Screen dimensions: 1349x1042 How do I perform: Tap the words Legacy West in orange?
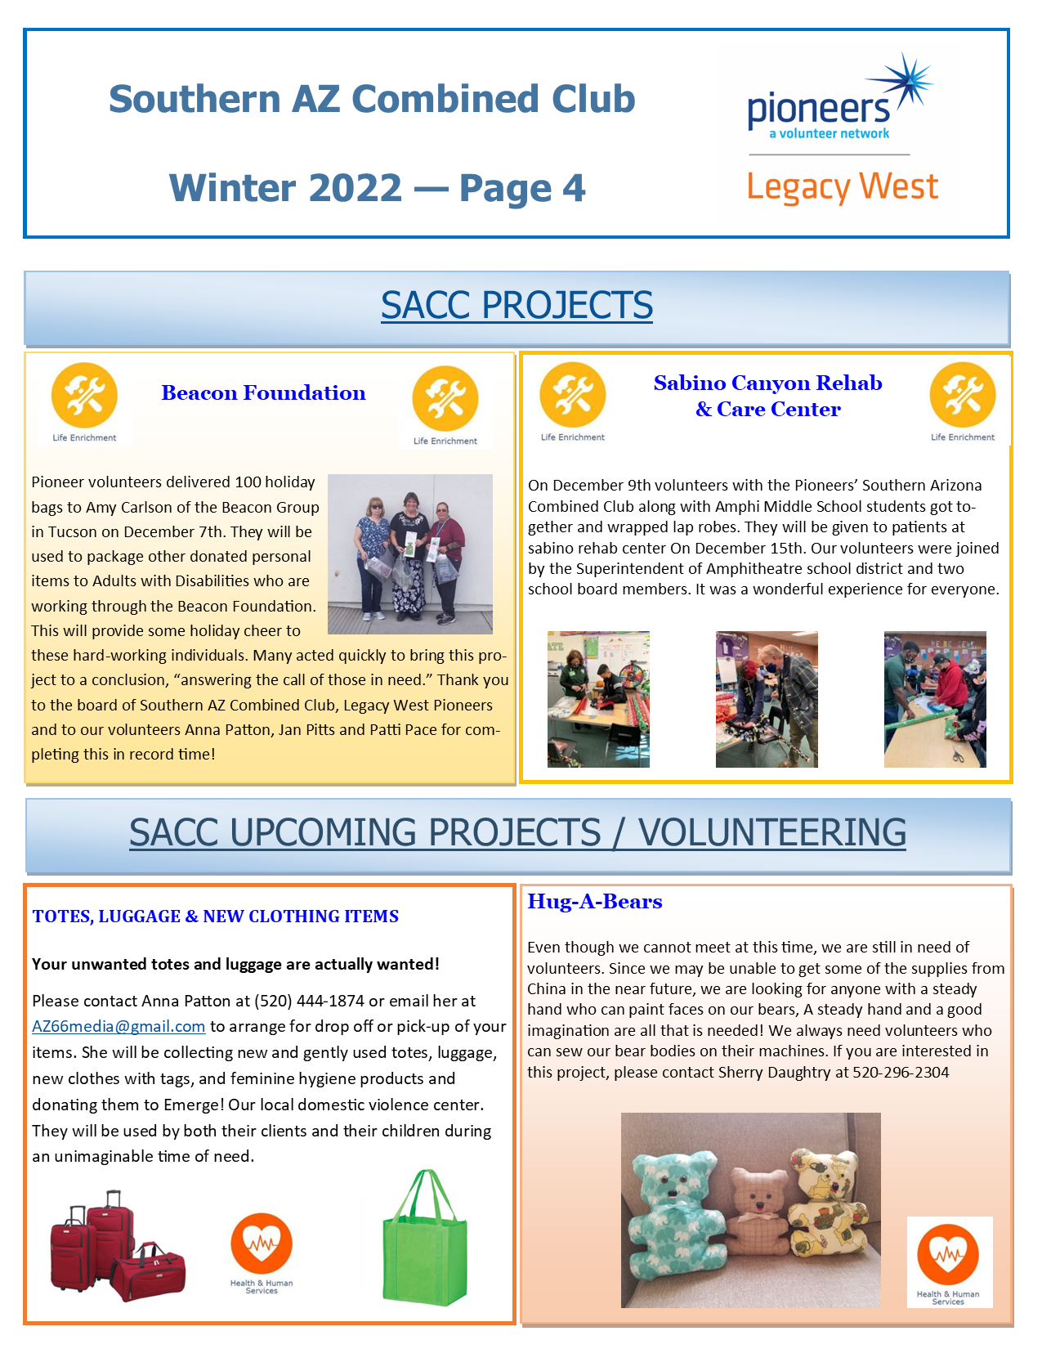pyautogui.click(x=842, y=187)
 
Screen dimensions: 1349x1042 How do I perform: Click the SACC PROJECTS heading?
pyautogui.click(x=517, y=305)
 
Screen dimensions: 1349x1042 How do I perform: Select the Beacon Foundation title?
pyautogui.click(x=263, y=393)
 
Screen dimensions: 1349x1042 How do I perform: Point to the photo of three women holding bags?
pyautogui.click(x=409, y=553)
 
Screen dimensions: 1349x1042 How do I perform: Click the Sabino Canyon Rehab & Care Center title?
pyautogui.click(x=767, y=396)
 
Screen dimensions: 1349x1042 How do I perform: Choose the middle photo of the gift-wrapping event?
pyautogui.click(x=766, y=699)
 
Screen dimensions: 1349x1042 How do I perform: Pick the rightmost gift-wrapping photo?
pyautogui.click(x=935, y=699)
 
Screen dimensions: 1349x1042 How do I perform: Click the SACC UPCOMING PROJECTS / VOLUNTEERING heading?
pyautogui.click(x=517, y=832)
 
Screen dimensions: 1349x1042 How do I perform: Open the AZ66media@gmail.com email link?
pyautogui.click(x=119, y=1027)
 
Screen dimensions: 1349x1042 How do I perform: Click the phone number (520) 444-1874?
pyautogui.click(x=309, y=1001)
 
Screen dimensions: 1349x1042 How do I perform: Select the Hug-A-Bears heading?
pyautogui.click(x=594, y=902)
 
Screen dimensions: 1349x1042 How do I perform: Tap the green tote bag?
pyautogui.click(x=425, y=1239)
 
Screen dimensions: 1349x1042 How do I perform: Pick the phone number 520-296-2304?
pyautogui.click(x=901, y=1073)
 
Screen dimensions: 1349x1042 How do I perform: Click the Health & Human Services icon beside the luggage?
pyautogui.click(x=262, y=1247)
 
